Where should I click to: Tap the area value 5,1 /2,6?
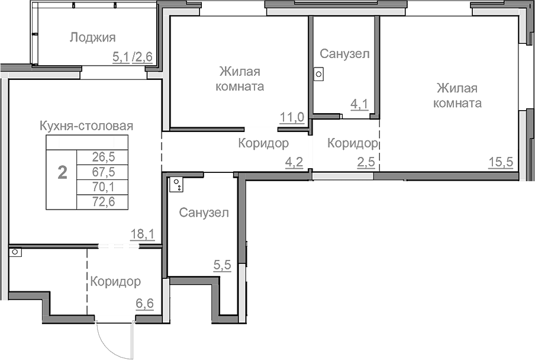(x=133, y=57)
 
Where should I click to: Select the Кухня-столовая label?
(x=86, y=126)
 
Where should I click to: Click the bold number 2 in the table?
(x=62, y=172)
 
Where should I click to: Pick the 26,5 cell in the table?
(x=104, y=157)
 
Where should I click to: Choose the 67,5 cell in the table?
(x=104, y=172)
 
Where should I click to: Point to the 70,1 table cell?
(x=104, y=187)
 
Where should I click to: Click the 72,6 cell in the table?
(x=104, y=202)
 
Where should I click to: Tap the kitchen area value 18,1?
(x=142, y=234)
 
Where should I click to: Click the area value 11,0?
(x=292, y=117)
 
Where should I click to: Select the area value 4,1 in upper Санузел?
(x=359, y=105)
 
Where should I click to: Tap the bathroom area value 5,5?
(x=222, y=266)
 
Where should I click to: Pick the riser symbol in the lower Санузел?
(x=176, y=185)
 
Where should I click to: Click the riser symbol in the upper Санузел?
(x=318, y=75)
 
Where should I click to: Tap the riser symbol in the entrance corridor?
(x=15, y=252)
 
